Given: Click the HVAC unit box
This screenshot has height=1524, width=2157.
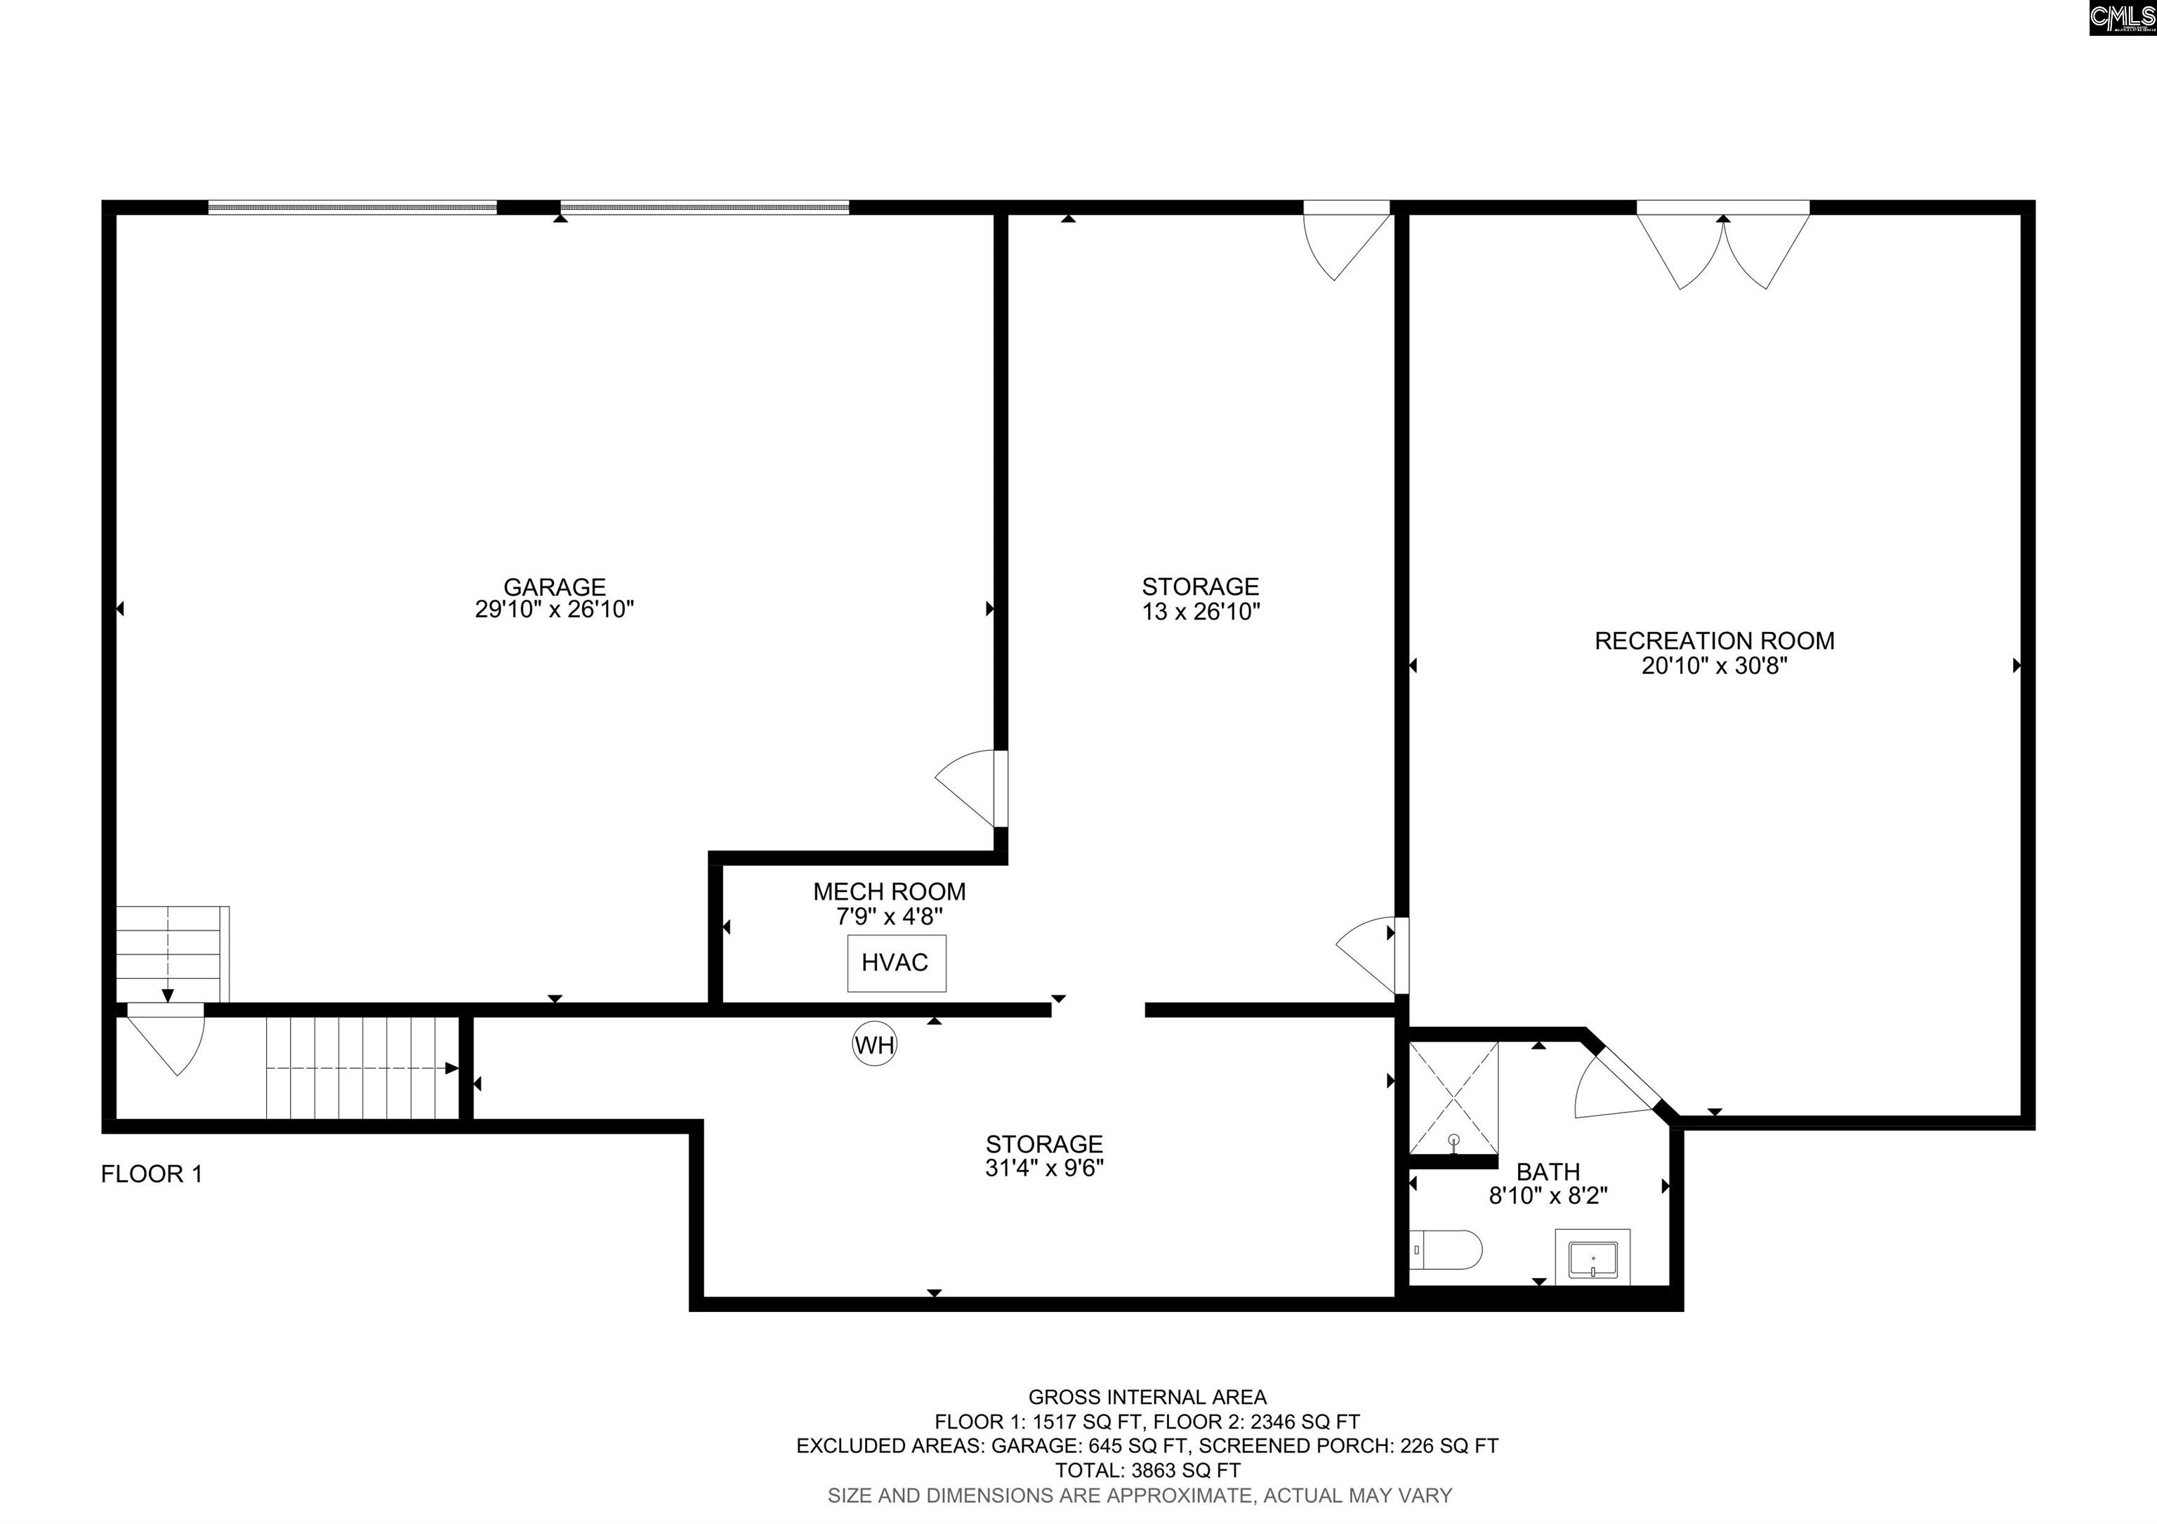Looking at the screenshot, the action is (x=896, y=963).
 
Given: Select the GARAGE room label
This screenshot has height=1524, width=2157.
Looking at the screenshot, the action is (x=554, y=587).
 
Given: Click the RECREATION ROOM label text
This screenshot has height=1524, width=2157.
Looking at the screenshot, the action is (x=1715, y=641).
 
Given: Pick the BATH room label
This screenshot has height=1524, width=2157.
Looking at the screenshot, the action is (x=1548, y=1171).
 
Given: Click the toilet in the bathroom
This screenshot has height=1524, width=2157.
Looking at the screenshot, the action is (x=1446, y=1249).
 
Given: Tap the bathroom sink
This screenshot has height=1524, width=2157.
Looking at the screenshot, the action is (x=1592, y=1257).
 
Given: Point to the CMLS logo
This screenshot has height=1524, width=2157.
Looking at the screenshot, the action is (x=2122, y=18).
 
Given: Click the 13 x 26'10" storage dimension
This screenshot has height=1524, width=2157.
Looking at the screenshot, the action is (x=1201, y=612).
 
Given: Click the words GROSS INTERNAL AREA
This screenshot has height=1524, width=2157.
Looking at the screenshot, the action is (x=1147, y=1397).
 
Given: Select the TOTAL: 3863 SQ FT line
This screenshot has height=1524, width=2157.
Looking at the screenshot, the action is (x=1147, y=1471).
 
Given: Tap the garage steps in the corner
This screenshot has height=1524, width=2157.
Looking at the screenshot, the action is (x=172, y=954).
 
